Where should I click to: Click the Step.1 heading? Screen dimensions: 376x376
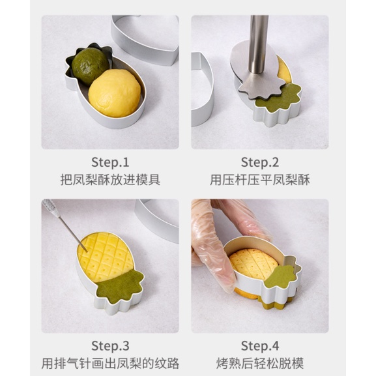110,162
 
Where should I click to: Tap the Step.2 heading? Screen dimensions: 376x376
260,162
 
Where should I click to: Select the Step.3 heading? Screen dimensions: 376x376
110,346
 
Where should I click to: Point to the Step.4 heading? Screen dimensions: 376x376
260,346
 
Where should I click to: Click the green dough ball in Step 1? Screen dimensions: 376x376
89,65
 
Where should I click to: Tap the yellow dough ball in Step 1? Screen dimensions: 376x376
115,93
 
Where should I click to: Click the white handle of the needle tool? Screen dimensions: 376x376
51,208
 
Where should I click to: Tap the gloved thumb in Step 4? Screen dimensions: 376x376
214,259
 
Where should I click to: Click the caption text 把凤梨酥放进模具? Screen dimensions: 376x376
110,179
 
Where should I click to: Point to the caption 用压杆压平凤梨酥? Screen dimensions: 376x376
260,179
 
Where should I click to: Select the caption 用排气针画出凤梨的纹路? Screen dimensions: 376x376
110,363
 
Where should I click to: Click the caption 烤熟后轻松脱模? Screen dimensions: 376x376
260,363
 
